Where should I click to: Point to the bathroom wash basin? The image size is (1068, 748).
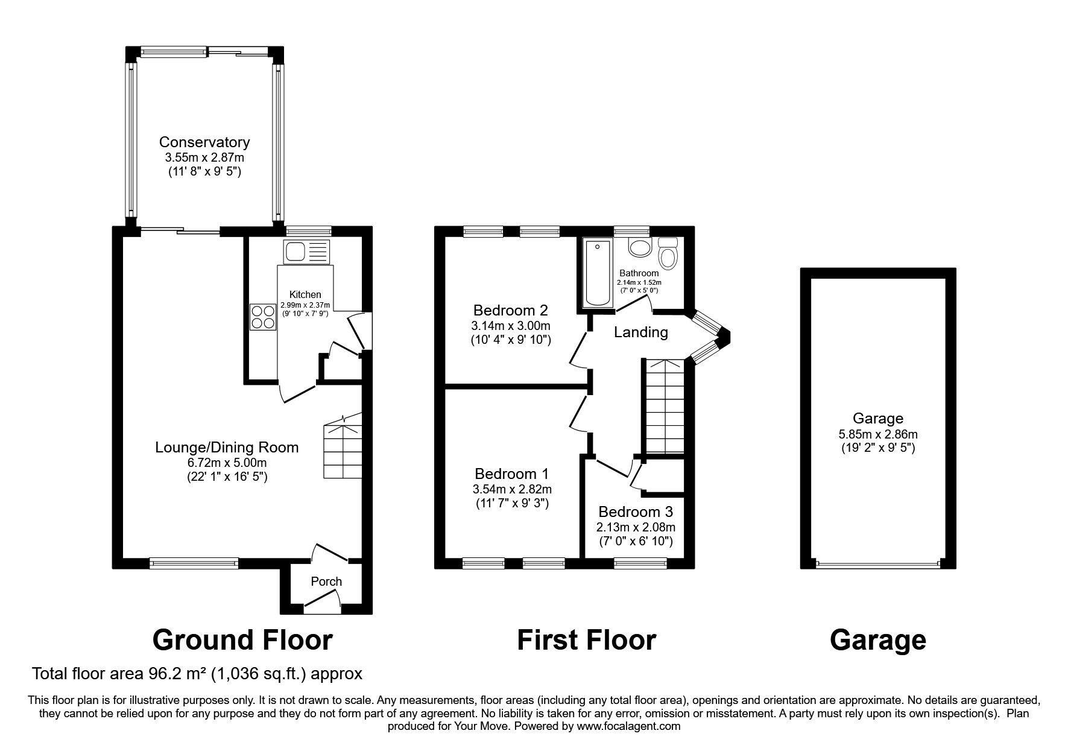(x=639, y=246)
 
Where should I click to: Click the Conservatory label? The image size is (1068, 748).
(x=204, y=142)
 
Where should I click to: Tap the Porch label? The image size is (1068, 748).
(x=326, y=582)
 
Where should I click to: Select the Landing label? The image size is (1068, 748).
(x=641, y=332)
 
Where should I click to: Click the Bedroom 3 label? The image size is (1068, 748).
(x=636, y=512)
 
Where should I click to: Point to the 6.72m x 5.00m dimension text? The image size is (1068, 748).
(x=227, y=463)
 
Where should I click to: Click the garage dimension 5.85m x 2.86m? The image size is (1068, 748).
(x=878, y=434)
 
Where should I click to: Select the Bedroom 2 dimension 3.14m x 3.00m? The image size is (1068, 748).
(x=511, y=326)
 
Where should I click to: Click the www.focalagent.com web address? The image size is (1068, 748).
(x=628, y=726)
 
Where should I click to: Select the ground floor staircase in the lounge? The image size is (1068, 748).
(x=342, y=446)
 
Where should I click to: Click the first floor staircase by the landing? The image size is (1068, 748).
(x=665, y=406)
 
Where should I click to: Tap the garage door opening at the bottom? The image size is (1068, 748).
(x=878, y=565)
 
